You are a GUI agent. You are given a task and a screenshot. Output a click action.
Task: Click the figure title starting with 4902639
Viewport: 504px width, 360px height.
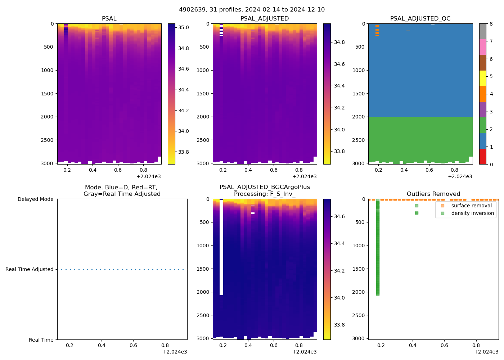(x=252, y=10)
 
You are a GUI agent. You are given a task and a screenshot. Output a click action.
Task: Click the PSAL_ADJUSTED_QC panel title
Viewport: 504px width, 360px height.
(x=420, y=19)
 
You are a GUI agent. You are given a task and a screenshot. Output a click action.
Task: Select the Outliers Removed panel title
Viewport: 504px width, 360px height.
(x=433, y=194)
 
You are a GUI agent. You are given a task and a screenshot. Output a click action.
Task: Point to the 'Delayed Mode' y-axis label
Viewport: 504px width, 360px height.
(x=35, y=199)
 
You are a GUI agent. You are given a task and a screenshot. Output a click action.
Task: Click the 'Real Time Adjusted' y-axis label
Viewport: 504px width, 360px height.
(x=29, y=269)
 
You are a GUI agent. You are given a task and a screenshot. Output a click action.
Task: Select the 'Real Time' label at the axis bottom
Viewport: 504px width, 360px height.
(x=41, y=340)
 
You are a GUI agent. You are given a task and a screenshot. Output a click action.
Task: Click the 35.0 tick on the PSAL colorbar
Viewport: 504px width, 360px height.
(x=184, y=27)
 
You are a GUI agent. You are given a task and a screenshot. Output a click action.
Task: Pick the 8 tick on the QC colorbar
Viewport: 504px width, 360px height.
(x=491, y=24)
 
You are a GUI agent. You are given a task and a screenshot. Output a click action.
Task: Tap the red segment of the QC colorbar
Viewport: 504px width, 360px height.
(x=482, y=157)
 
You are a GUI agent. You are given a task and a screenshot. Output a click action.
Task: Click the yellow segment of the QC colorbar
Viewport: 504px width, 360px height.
(x=482, y=78)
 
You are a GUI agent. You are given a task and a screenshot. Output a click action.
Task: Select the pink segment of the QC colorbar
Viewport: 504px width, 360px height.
(x=482, y=47)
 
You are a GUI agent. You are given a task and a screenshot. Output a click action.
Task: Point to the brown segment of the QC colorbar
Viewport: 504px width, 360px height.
(x=482, y=63)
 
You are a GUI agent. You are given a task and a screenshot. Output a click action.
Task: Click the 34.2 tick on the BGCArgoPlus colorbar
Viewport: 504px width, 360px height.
(x=339, y=271)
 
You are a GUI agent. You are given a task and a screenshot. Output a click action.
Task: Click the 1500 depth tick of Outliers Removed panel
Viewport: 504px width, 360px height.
(x=358, y=269)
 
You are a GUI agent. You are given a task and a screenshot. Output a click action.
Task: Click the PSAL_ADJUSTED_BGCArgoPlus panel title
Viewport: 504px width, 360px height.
(x=265, y=190)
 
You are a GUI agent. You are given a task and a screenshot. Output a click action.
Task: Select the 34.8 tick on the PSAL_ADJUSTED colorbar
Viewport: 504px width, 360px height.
(x=339, y=42)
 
